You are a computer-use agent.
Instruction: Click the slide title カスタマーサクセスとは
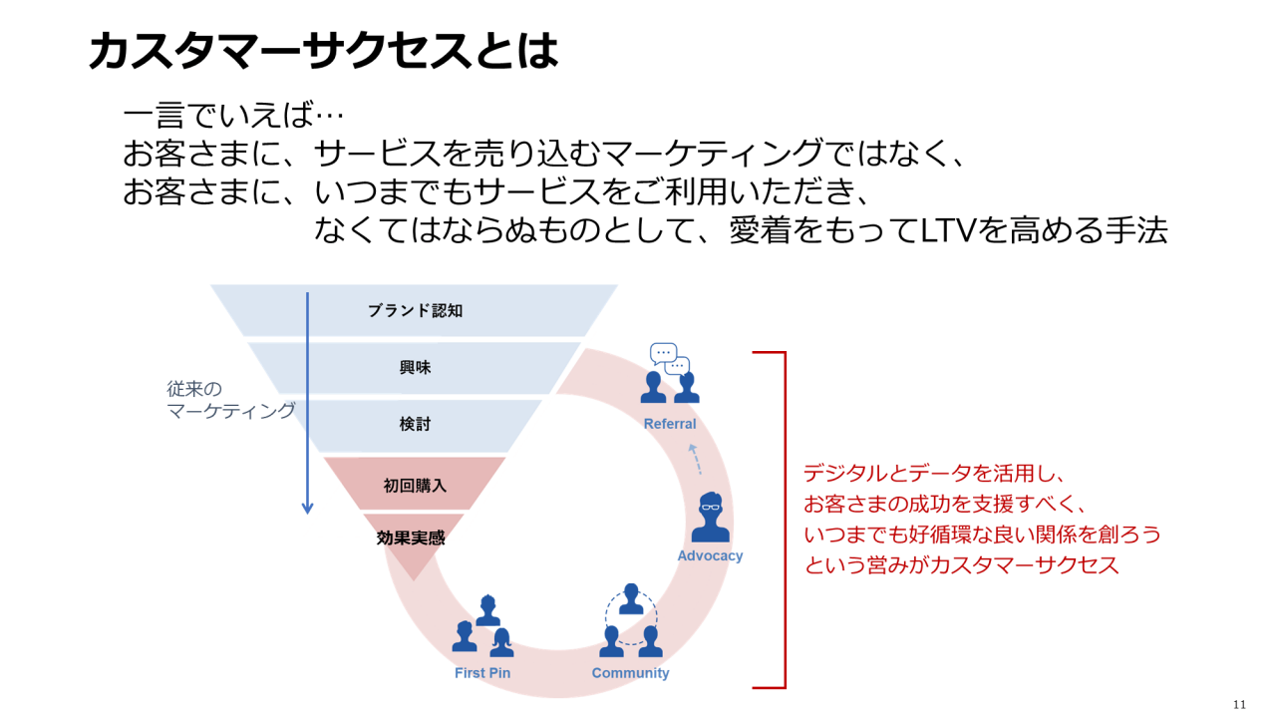tap(323, 51)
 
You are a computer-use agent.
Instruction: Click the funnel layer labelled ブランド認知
tap(415, 310)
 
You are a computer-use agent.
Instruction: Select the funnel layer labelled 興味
tap(415, 367)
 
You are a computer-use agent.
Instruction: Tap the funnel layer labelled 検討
tap(415, 424)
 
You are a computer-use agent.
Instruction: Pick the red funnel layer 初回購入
tap(415, 486)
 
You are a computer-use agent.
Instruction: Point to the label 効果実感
tap(411, 538)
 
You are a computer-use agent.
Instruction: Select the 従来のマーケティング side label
tap(230, 399)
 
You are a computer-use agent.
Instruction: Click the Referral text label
tap(670, 424)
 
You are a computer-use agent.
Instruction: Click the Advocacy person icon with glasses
tap(710, 517)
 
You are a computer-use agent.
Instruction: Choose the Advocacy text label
tap(710, 555)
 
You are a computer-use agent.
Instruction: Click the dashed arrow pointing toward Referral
tap(696, 459)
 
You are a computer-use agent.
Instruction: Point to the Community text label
tap(630, 673)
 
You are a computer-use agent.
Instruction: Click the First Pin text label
tap(482, 673)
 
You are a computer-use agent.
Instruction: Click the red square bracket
tap(783, 519)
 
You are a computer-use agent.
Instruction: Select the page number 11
tap(1239, 704)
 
